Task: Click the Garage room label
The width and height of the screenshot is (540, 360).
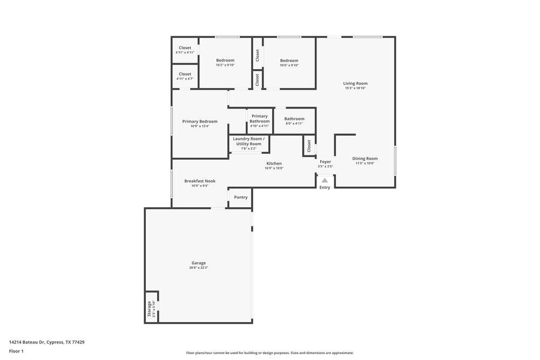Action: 199,263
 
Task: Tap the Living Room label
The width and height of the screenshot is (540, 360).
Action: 355,84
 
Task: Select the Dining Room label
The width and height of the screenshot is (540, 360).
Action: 365,159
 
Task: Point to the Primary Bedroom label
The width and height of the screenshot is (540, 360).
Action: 200,121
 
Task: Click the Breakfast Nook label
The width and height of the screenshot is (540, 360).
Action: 200,181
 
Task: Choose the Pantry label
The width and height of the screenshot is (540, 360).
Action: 241,197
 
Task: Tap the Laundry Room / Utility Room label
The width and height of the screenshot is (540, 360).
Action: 248,141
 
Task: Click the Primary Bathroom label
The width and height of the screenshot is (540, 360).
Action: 259,119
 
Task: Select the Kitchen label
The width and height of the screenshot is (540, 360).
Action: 274,164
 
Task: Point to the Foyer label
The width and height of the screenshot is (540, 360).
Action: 325,161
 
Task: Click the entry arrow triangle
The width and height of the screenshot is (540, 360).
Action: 325,181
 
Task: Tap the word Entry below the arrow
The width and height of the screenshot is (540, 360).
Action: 325,187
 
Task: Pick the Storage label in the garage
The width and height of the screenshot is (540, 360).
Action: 150,308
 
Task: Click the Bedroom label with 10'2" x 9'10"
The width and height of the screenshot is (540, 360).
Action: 225,60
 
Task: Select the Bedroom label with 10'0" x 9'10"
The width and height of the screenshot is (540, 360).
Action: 289,60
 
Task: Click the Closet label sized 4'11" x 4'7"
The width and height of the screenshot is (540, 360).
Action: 185,74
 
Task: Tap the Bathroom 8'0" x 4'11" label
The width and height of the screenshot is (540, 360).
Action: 294,119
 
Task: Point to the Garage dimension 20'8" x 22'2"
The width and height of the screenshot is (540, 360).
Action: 199,268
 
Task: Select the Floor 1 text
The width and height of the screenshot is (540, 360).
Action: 16,351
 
